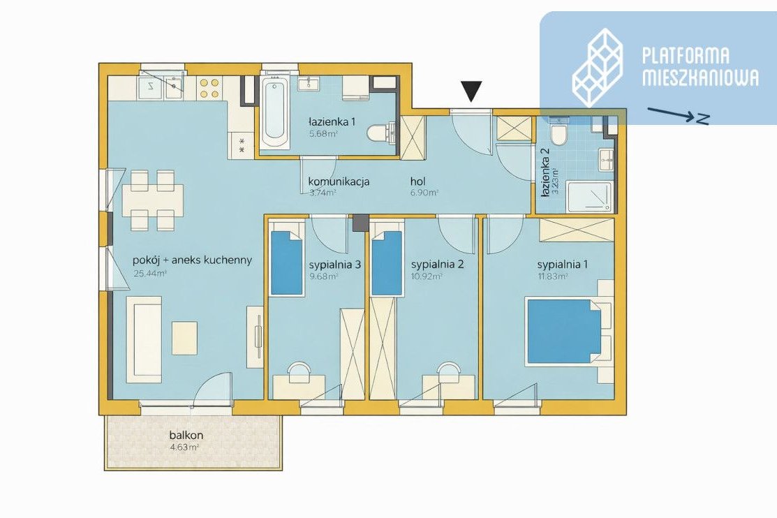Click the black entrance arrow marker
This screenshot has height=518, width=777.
click(x=471, y=91)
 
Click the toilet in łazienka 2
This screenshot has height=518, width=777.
click(x=559, y=131)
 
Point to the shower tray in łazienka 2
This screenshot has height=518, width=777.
click(x=590, y=197)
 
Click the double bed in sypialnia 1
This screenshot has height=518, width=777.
click(x=564, y=331)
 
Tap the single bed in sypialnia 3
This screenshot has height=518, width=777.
click(x=286, y=262)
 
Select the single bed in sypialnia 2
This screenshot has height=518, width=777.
click(x=387, y=262)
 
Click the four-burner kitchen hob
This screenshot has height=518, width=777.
click(x=209, y=88)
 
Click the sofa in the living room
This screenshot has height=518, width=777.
click(x=144, y=339)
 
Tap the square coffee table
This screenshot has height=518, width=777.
click(x=184, y=338)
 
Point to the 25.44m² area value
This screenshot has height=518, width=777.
click(x=150, y=273)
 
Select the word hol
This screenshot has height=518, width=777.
click(x=417, y=182)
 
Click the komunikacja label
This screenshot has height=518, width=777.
click(x=339, y=182)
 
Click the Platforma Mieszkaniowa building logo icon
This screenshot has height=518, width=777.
click(x=598, y=67)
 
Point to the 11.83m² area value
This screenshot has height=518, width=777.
click(x=552, y=276)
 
